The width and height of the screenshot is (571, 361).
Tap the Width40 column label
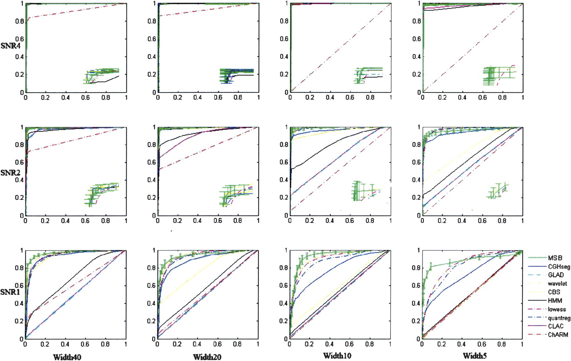tap(66, 357)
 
